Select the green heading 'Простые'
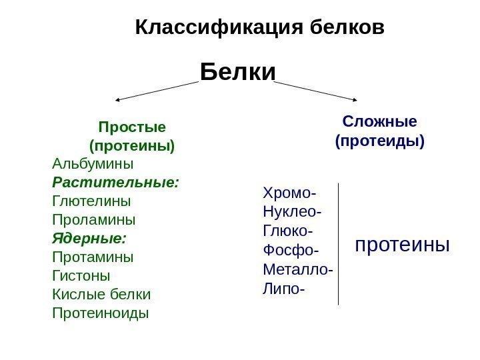[x=132, y=126]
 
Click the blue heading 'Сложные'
[x=379, y=121]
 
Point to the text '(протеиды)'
[x=379, y=141]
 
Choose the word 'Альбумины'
[x=92, y=163]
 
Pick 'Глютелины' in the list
[x=91, y=200]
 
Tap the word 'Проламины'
[x=93, y=219]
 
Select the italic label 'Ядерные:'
[x=89, y=237]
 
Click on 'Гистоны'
[x=81, y=275]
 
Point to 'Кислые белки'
[x=101, y=293]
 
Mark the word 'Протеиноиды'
[x=100, y=312]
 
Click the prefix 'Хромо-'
[x=290, y=194]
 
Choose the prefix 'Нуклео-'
[x=292, y=213]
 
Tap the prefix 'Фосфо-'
[x=291, y=251]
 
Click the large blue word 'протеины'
[x=403, y=245]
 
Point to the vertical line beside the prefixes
[x=339, y=243]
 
